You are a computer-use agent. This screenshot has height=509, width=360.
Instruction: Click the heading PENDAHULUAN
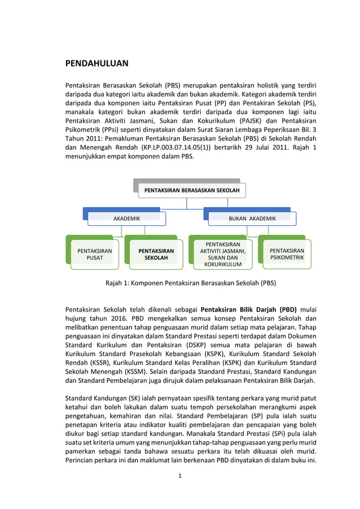click(x=96, y=63)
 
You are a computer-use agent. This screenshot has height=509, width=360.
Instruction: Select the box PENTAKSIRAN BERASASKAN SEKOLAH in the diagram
click(x=191, y=191)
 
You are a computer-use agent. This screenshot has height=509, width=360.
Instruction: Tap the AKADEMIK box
click(x=126, y=218)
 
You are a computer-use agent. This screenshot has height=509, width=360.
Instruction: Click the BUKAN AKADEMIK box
click(x=252, y=218)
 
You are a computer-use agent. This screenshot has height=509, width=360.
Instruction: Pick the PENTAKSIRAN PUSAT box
click(x=94, y=254)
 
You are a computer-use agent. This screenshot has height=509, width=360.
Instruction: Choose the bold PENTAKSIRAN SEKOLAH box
click(x=156, y=254)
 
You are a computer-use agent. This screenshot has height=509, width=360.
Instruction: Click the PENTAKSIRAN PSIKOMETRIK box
click(x=287, y=254)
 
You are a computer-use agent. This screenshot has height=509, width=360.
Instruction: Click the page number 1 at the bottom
click(x=179, y=476)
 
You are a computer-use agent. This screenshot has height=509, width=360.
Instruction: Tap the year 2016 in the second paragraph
click(x=112, y=319)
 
